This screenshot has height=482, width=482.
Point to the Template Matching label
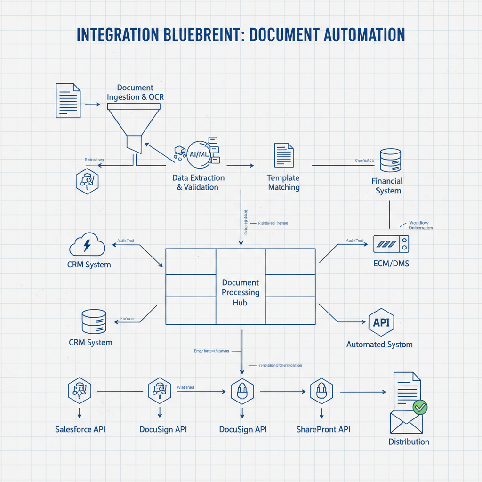point(283,183)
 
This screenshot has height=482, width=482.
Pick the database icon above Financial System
point(390,161)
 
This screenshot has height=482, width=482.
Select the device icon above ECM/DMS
point(391,243)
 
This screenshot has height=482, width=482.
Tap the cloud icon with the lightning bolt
point(87,245)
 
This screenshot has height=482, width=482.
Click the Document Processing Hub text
point(240,292)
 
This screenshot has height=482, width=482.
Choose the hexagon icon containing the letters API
point(380,323)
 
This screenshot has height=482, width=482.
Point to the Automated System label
point(379,344)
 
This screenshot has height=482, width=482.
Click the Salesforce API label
point(80,429)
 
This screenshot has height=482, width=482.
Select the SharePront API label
point(323,429)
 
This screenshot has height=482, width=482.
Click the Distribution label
point(409,442)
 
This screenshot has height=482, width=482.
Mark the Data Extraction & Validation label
point(198,183)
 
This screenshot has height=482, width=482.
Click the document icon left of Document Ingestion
point(68,100)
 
